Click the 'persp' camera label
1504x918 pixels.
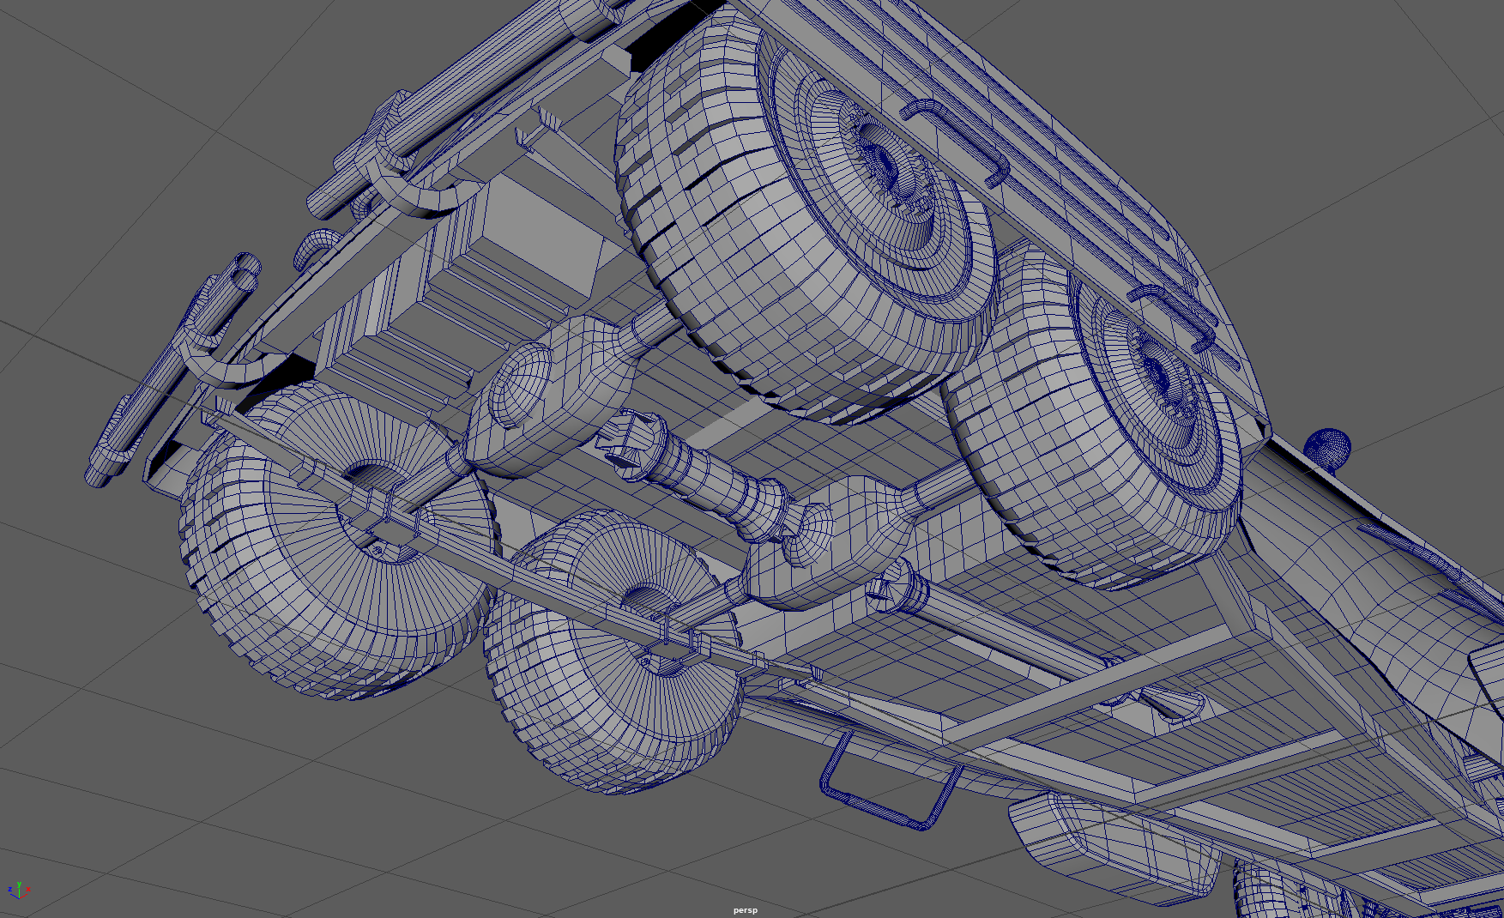point(745,910)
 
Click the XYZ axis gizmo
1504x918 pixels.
point(18,891)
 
